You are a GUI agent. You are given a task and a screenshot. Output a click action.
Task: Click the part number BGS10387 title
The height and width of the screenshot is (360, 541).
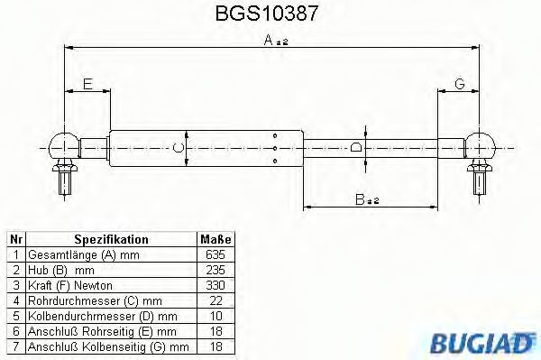(266, 14)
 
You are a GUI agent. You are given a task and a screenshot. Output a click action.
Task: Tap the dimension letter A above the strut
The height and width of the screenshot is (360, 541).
(269, 40)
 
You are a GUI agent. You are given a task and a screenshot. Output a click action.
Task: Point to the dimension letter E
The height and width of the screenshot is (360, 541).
(88, 84)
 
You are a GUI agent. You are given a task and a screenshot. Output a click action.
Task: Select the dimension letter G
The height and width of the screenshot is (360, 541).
(460, 84)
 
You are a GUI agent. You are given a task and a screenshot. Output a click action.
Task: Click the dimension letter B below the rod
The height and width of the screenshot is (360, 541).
(360, 199)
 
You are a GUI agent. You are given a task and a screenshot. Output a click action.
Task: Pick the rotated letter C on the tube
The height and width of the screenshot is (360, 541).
(178, 148)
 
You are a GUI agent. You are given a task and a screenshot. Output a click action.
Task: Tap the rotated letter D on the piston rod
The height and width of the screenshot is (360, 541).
(356, 147)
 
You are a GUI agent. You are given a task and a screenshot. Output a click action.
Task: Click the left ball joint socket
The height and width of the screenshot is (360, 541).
(65, 146)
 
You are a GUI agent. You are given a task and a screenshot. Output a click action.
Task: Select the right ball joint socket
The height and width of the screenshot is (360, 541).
(480, 146)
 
